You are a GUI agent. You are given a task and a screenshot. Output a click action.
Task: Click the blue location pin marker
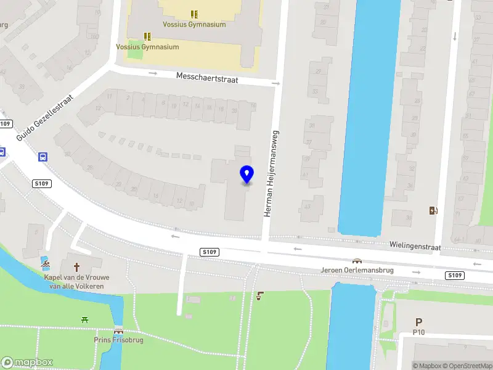click(x=247, y=175)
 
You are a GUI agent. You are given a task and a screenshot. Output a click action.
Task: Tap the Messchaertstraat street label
click(x=206, y=79)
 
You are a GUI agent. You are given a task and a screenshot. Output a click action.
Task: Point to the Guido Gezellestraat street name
click(x=45, y=118)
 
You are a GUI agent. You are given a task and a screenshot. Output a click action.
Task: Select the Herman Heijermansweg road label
click(x=272, y=173)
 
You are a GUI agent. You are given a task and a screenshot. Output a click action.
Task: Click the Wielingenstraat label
click(x=415, y=245)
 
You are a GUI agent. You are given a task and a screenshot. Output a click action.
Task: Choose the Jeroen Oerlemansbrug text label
click(x=357, y=270)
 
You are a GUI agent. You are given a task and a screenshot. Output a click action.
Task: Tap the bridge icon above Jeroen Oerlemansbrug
click(x=357, y=261)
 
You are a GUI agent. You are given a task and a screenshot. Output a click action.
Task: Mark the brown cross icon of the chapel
click(x=77, y=268)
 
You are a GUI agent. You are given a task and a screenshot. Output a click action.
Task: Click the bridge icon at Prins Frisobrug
click(x=118, y=331)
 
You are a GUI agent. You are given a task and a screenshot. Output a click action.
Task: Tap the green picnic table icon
click(x=84, y=319)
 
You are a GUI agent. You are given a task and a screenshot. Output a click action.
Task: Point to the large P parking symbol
click(x=419, y=322)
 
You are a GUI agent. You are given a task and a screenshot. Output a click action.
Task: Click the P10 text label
click(x=419, y=332)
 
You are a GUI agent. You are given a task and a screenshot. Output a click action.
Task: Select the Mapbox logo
click(x=27, y=363)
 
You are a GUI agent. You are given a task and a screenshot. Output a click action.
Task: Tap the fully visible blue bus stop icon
click(x=43, y=157)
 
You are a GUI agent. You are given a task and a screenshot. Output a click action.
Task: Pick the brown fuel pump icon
click(x=433, y=210)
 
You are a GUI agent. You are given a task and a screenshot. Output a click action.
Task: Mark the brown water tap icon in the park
click(x=261, y=296)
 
